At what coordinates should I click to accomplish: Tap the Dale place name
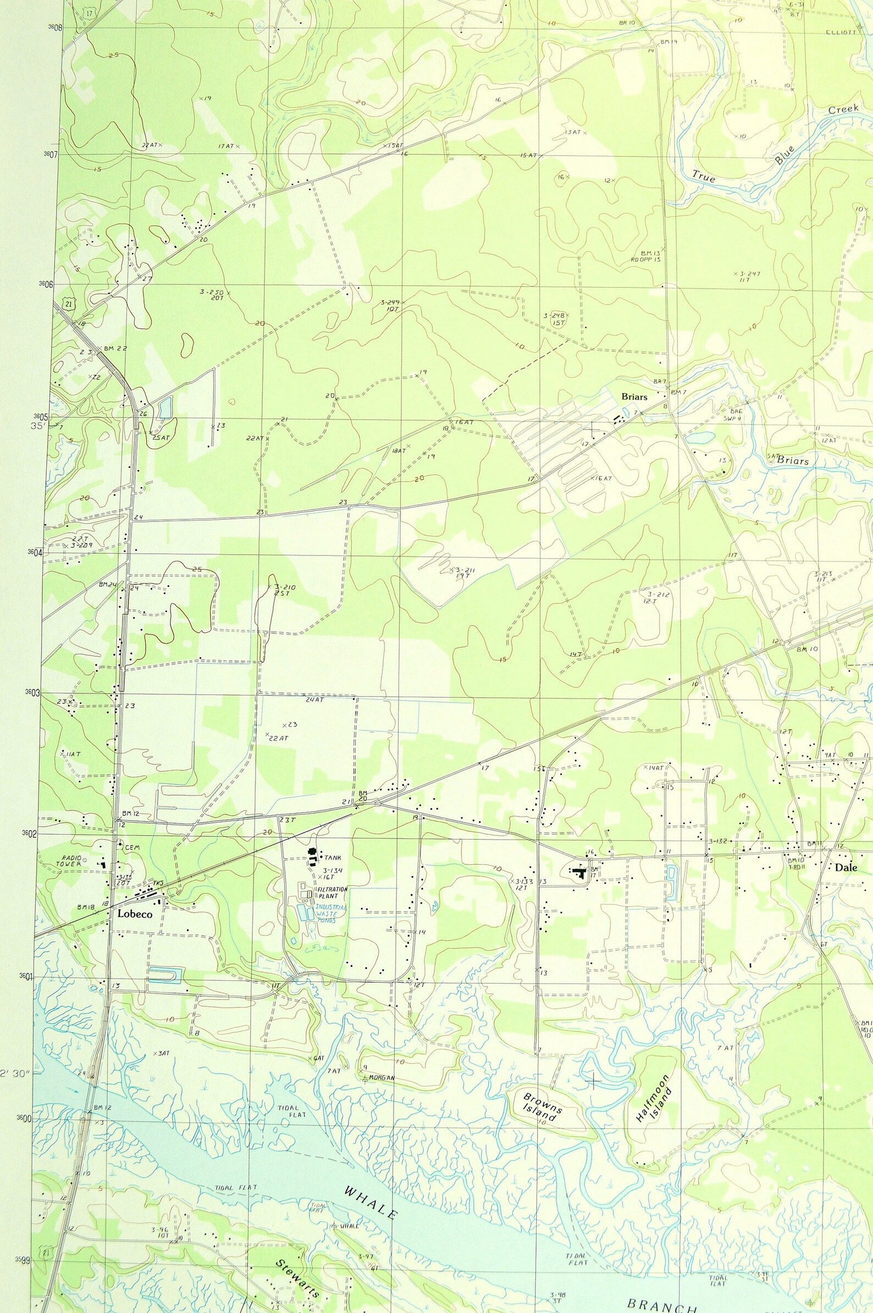point(846,868)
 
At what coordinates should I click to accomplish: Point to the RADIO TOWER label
point(68,862)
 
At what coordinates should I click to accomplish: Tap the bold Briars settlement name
point(636,397)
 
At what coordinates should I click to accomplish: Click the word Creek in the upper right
point(843,109)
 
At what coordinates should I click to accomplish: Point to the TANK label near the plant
point(333,858)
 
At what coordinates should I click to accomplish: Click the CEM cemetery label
point(131,847)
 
